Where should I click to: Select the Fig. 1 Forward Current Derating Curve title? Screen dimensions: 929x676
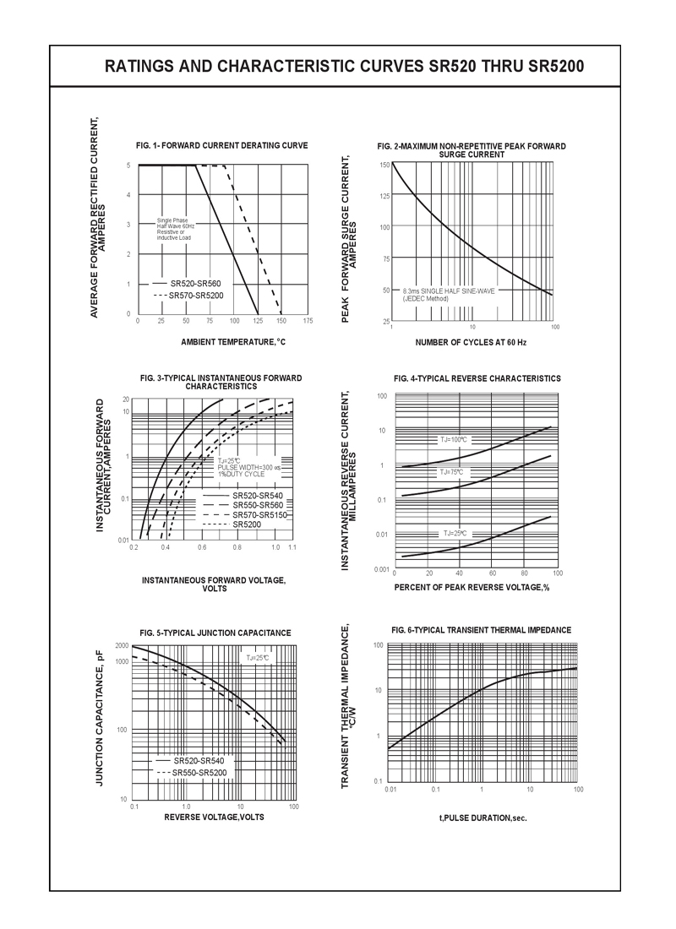pos(222,145)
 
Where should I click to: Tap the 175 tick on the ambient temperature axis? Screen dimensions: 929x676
pos(308,322)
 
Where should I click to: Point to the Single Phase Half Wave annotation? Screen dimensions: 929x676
pos(175,229)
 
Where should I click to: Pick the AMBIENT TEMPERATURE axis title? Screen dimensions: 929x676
pos(233,342)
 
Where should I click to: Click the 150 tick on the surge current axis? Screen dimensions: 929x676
pos(384,165)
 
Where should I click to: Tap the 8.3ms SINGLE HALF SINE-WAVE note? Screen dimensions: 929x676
pos(448,294)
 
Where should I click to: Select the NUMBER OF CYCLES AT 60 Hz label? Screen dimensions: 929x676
pos(471,342)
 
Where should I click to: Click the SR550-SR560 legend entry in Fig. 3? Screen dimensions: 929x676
pos(258,504)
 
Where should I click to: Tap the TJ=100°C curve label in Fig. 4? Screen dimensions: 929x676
pos(454,440)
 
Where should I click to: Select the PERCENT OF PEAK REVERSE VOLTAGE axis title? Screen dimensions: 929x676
pos(472,587)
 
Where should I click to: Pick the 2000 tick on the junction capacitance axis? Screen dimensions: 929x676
pos(122,646)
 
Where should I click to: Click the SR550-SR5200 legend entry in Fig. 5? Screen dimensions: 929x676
pos(199,773)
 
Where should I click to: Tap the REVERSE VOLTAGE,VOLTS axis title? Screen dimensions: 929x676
pos(214,817)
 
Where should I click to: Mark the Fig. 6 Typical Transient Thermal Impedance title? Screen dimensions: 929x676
pos(482,630)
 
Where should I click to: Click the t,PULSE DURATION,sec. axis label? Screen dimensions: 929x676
pos(482,818)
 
